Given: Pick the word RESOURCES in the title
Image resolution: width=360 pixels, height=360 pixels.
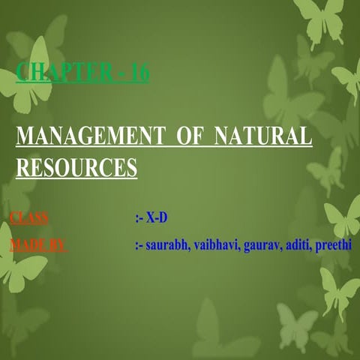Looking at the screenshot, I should point(76,166).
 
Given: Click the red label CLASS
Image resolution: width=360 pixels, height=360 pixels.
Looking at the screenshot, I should point(29,218).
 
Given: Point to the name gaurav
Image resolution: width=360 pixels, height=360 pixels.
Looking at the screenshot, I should point(262,244).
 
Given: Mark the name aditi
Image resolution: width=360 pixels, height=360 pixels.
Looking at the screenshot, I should point(298,244).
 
